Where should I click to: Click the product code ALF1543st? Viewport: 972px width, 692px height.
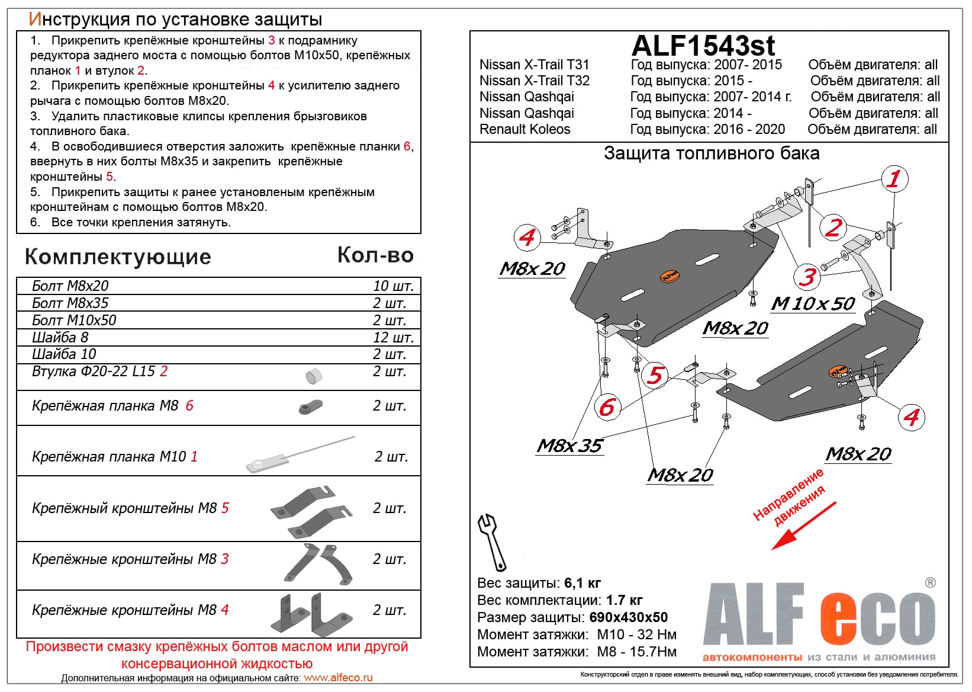[x=703, y=45]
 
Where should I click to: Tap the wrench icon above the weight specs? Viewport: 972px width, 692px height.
[x=491, y=541]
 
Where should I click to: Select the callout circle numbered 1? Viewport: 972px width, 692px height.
[x=894, y=178]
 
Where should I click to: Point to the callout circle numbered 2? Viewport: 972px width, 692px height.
[x=833, y=227]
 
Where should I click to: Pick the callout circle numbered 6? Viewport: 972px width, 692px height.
[x=607, y=407]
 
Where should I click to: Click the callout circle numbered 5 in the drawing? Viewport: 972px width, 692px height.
[x=655, y=375]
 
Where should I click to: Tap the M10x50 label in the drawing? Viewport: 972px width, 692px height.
[x=813, y=304]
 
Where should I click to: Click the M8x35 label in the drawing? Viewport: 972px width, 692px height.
[x=569, y=446]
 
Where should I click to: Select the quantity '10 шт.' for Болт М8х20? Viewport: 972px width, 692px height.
[x=392, y=286]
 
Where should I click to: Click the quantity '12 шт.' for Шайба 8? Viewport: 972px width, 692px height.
[x=392, y=338]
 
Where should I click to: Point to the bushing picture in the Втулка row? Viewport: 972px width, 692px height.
[x=314, y=376]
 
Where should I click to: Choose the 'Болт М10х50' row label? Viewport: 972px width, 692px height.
[x=74, y=321]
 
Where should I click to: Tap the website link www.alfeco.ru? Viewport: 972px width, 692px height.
[x=338, y=678]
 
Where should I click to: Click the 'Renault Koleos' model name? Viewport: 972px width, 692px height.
[x=524, y=129]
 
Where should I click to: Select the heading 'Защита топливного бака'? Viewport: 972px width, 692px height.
[x=711, y=153]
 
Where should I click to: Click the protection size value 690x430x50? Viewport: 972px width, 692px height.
[x=628, y=617]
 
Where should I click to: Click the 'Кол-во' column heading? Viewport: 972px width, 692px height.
[x=375, y=255]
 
